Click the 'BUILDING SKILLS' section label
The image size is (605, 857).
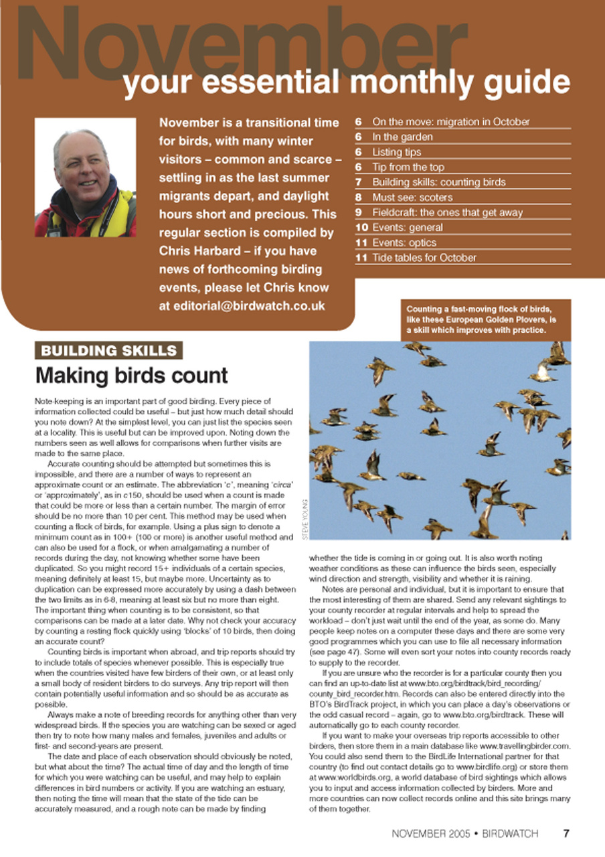click(108, 350)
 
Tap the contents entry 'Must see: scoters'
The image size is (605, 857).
click(412, 198)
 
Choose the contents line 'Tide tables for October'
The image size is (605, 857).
click(424, 258)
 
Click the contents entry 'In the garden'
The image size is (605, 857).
click(402, 137)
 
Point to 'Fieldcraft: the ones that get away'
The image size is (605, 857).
click(447, 212)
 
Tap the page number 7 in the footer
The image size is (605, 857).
click(566, 834)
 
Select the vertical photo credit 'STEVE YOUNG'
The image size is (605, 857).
click(304, 518)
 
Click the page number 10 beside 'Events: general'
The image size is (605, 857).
click(361, 228)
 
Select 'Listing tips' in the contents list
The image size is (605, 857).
click(397, 152)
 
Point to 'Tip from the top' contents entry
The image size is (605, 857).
click(408, 167)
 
